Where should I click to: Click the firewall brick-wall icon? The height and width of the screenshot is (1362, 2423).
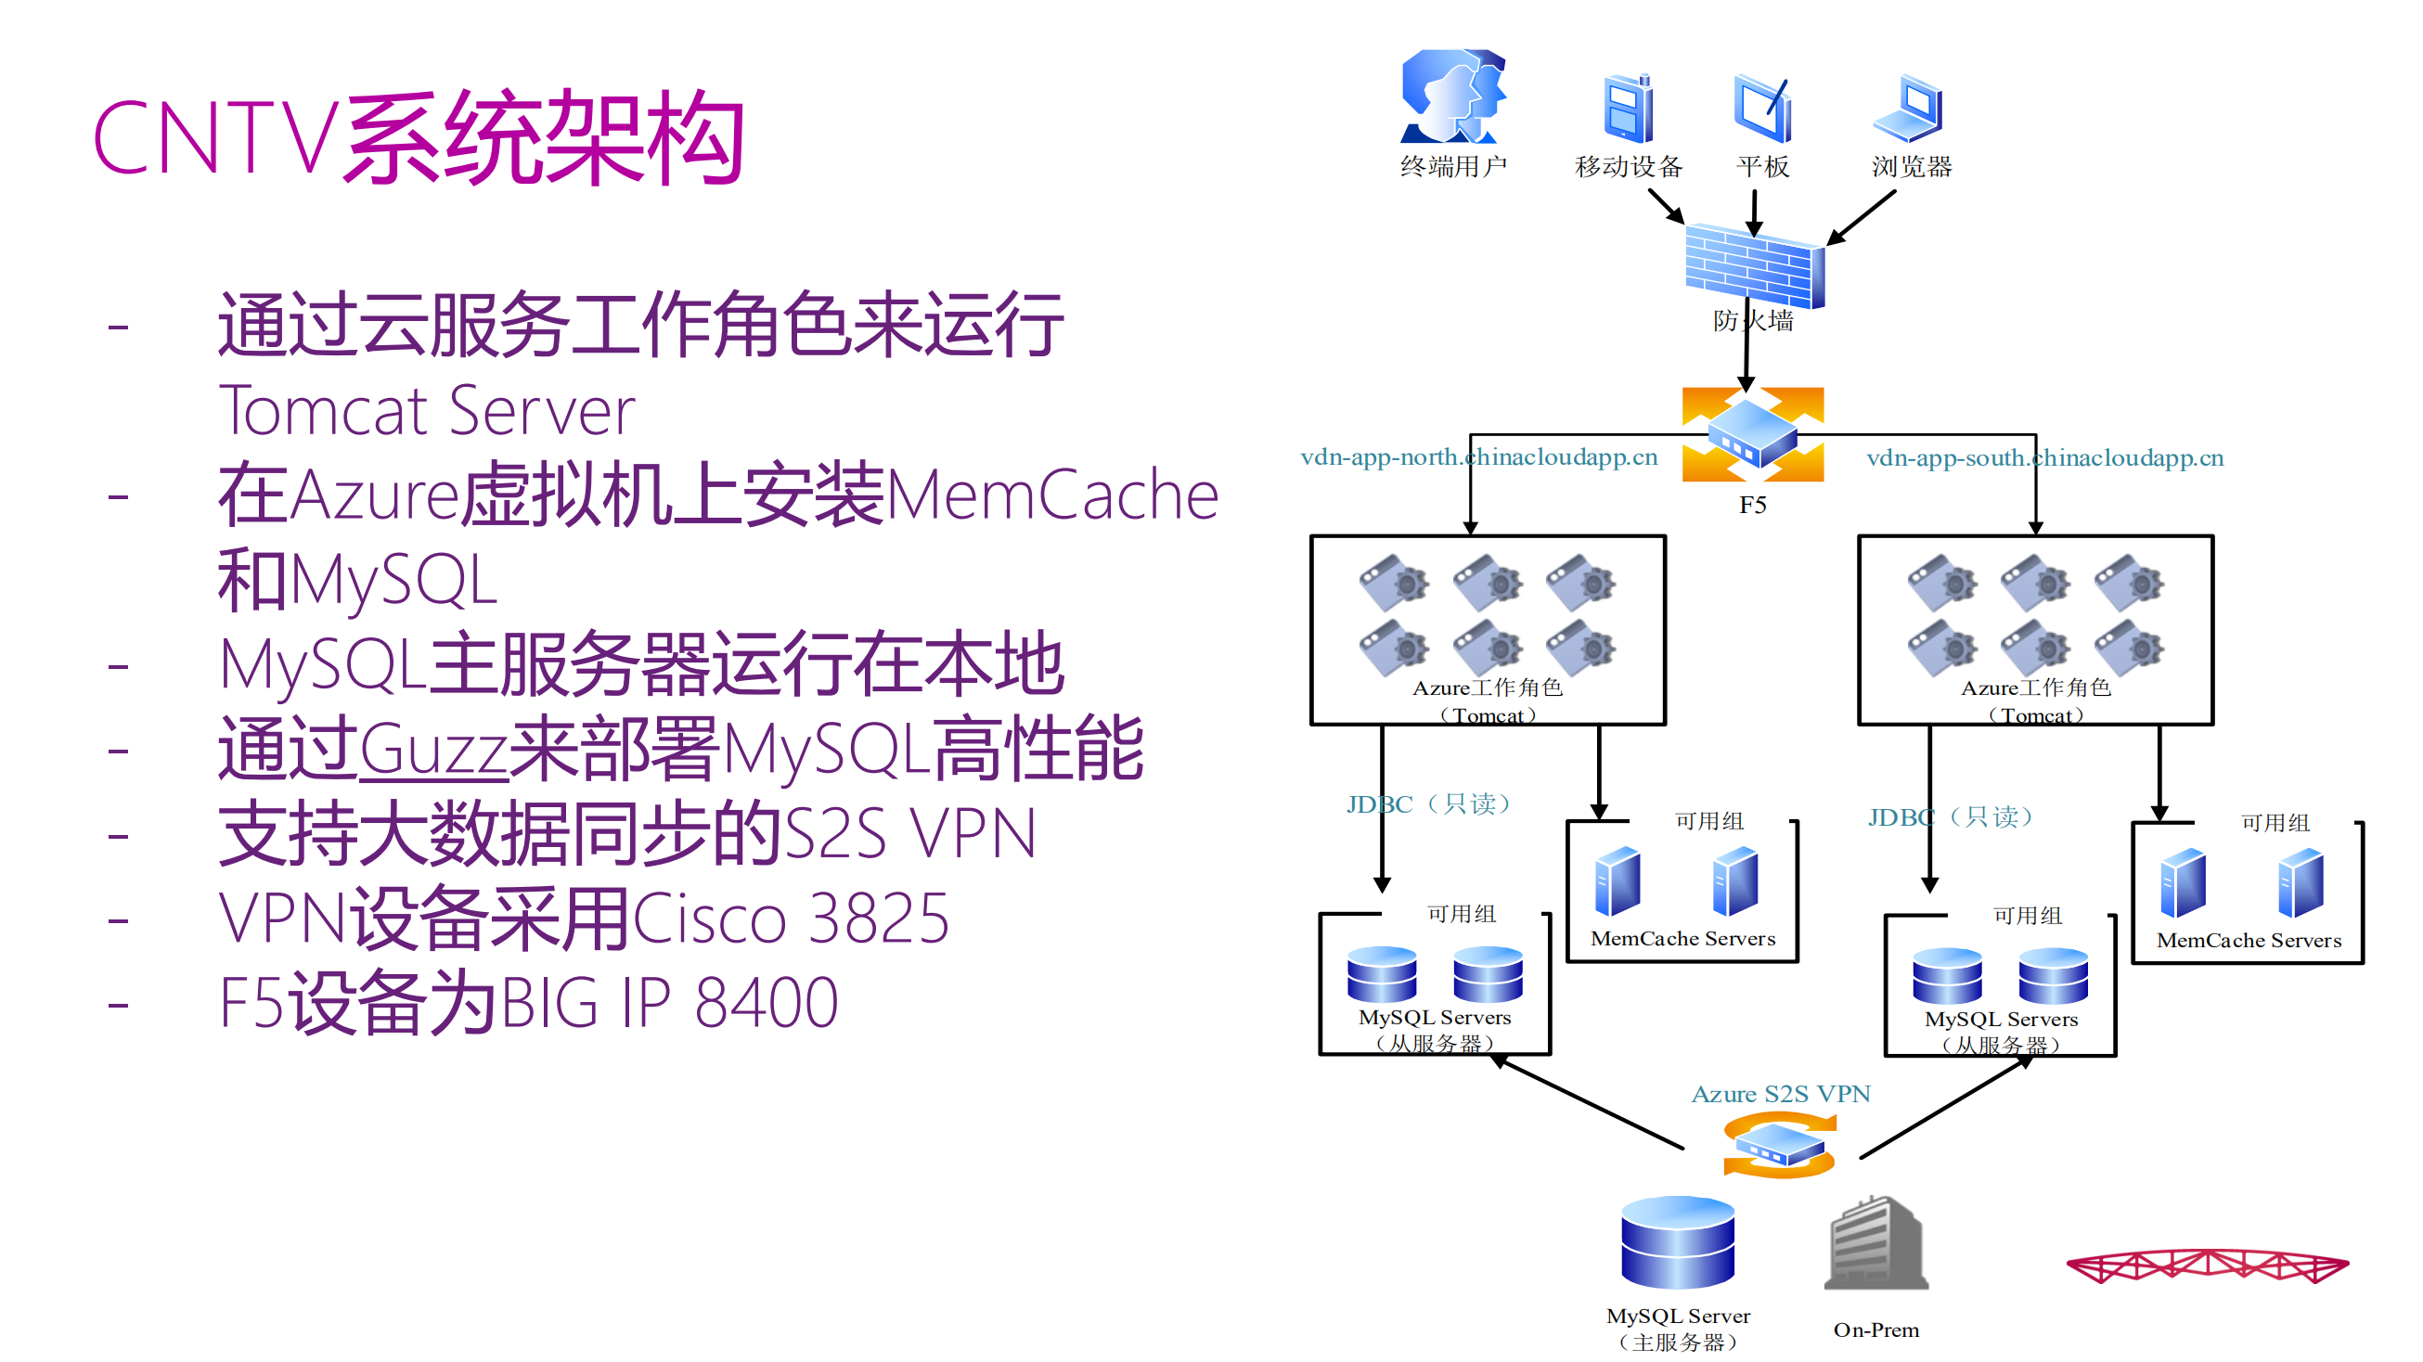click(1753, 267)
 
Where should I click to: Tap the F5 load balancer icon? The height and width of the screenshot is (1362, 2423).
click(1752, 434)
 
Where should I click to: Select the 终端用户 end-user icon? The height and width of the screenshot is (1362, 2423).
click(1453, 96)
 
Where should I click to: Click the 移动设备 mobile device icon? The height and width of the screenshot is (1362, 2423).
click(1629, 109)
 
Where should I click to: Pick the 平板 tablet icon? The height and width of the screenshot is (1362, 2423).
click(1761, 109)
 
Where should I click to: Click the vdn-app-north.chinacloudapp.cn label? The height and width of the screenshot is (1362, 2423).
click(1477, 457)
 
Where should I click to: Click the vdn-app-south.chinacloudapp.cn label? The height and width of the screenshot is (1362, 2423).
click(2044, 458)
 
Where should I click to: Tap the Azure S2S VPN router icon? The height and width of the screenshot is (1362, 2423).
click(1779, 1145)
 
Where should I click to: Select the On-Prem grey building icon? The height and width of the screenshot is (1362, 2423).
click(1875, 1243)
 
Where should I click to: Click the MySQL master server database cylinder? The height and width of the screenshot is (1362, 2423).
click(1677, 1241)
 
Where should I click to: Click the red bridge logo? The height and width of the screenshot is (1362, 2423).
click(2207, 1266)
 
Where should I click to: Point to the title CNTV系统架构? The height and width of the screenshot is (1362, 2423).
click(419, 139)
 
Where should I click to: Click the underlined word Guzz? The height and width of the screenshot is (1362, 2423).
click(432, 751)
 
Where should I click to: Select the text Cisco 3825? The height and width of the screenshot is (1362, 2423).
click(790, 919)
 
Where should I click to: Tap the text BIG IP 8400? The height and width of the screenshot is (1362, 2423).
click(669, 1004)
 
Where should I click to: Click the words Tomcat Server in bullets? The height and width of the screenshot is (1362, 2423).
click(427, 411)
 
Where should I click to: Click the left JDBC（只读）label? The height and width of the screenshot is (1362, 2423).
click(1428, 804)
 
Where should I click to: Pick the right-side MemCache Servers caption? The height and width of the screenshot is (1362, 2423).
click(2248, 940)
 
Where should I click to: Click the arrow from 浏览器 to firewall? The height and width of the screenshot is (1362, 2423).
click(1861, 218)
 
